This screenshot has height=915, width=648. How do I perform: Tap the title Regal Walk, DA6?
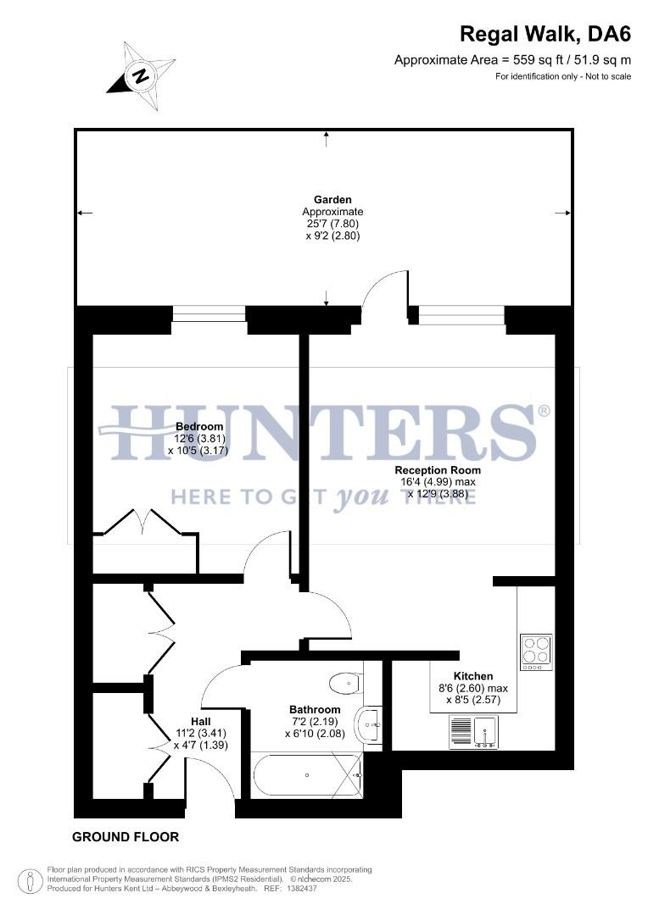545,35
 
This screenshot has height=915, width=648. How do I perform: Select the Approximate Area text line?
512,60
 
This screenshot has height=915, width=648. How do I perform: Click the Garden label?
332,200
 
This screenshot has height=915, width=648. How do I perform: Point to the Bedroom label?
199,426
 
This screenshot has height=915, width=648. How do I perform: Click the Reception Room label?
438,470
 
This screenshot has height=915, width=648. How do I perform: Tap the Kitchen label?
473,676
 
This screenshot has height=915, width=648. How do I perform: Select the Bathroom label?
315,710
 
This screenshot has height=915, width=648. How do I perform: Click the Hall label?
200,721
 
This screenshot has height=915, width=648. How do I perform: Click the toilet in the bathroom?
347,683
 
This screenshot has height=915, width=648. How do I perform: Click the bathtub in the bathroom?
307,774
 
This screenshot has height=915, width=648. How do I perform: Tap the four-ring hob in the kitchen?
536,652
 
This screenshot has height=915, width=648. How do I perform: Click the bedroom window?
209,314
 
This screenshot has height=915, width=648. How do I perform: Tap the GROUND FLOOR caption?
126,837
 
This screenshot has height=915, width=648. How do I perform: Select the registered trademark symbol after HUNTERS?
544,412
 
